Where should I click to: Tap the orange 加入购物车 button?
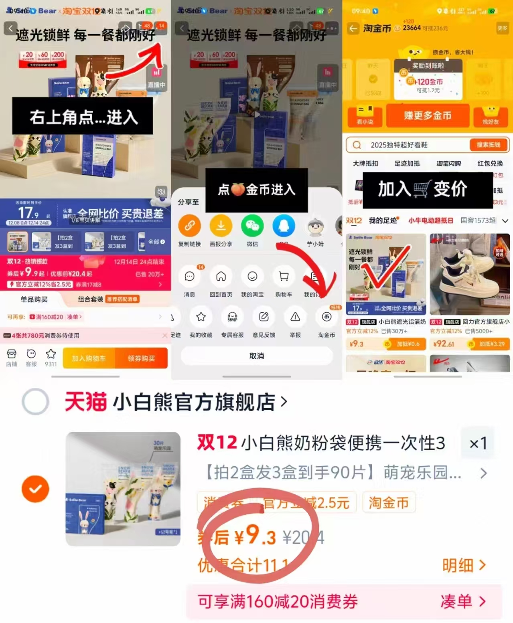point(89,358)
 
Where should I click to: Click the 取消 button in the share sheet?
point(257,356)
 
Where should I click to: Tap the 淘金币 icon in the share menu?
point(326,317)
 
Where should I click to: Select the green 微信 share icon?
point(252,226)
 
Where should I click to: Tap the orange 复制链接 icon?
point(189,226)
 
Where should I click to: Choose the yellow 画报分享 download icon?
point(221,226)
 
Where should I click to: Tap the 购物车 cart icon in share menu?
point(284,277)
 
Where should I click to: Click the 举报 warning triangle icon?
point(295,317)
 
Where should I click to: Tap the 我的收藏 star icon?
point(201,317)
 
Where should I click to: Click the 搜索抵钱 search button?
point(488,145)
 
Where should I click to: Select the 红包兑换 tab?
point(490,163)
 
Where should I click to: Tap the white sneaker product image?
point(469,275)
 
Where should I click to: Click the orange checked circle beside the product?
point(35,489)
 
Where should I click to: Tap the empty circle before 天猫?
point(35,401)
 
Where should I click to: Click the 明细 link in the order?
point(464,565)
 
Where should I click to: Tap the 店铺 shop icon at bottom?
point(12,357)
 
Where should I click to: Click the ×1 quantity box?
point(478,443)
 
